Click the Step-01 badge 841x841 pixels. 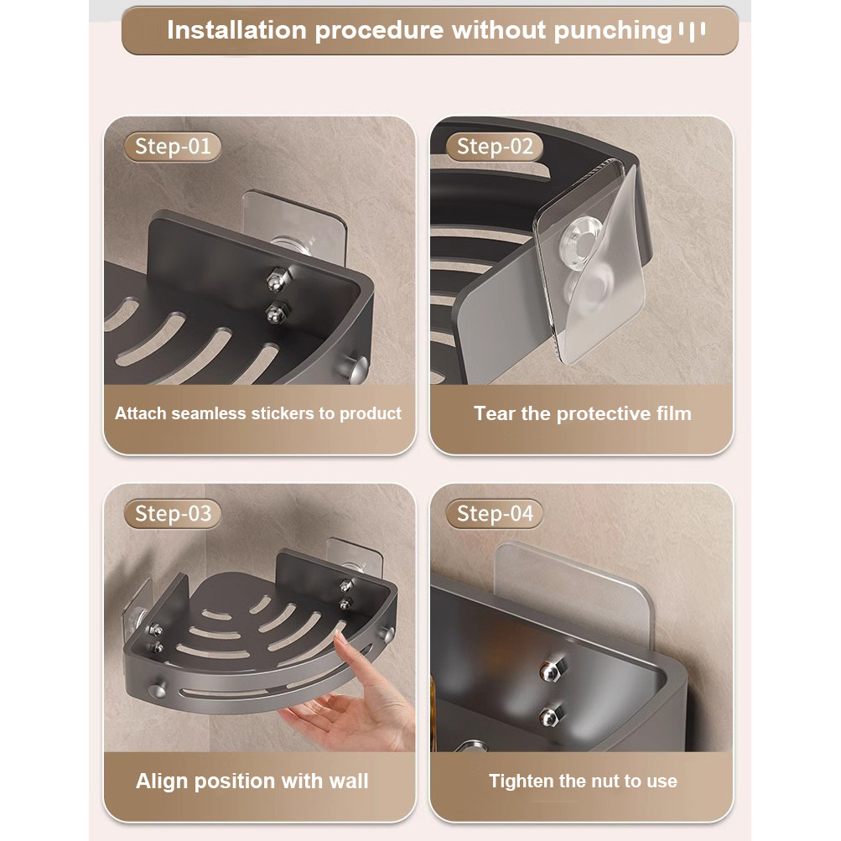tap(173, 147)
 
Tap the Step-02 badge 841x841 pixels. tap(495, 147)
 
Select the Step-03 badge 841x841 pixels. tap(173, 513)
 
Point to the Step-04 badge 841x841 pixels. tap(495, 513)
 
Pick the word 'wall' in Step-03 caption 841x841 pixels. tap(348, 781)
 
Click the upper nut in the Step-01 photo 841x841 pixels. tap(275, 277)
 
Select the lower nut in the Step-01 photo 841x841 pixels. tap(274, 313)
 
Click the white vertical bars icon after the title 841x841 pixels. tap(692, 31)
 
